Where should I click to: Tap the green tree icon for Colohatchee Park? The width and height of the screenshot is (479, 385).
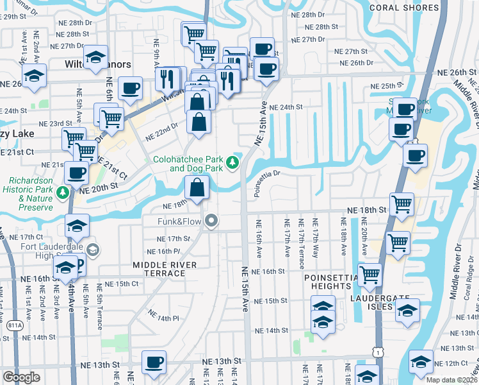(234, 164)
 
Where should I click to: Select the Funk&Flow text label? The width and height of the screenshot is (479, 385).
(180, 222)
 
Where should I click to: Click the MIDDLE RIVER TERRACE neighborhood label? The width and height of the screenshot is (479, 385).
(159, 269)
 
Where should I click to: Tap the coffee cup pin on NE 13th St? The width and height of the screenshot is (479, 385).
(154, 363)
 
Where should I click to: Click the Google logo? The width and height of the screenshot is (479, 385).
(22, 377)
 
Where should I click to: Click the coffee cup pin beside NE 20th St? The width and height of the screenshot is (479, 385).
(77, 173)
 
